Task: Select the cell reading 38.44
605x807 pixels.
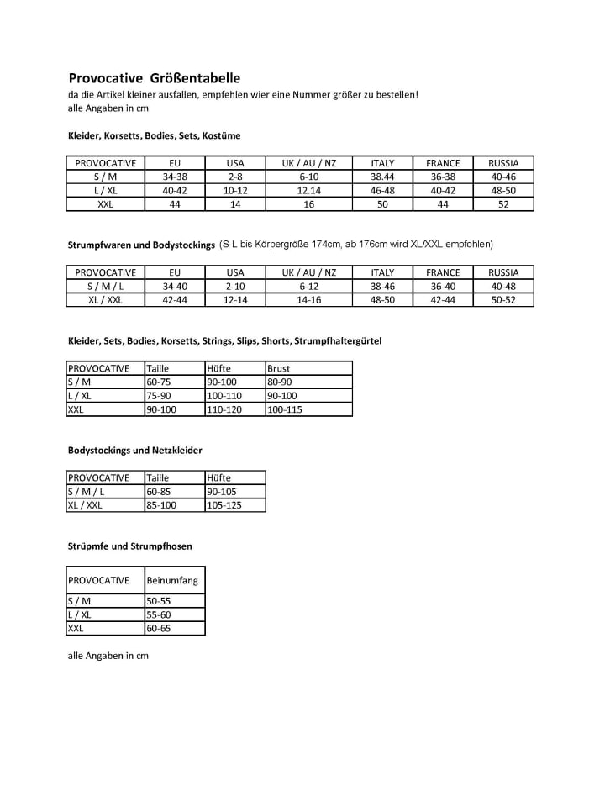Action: point(382,177)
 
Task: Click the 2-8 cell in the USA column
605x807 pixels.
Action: point(235,177)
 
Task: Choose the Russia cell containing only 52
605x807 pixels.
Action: point(503,204)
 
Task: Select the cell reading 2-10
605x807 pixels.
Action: point(235,286)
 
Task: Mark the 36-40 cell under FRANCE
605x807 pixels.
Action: point(443,286)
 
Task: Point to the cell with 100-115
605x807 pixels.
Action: point(285,409)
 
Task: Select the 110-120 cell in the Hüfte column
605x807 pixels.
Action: point(224,409)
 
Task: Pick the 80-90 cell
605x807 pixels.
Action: point(280,382)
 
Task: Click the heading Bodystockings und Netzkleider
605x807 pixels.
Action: point(134,451)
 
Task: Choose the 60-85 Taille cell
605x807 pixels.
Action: point(159,492)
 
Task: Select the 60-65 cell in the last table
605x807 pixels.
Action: point(159,628)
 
